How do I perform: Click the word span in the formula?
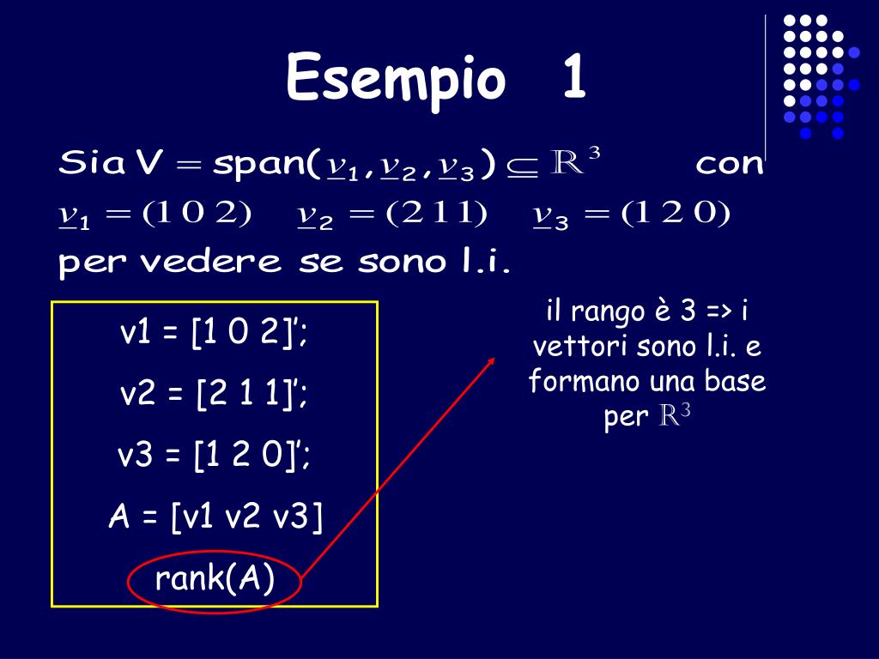click(x=258, y=163)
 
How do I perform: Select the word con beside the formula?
click(x=729, y=163)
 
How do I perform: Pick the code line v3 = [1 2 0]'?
click(x=214, y=456)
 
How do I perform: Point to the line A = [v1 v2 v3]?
click(x=215, y=517)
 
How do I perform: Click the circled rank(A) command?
click(x=215, y=580)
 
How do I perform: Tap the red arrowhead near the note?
click(x=492, y=361)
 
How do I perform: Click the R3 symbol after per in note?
click(x=675, y=417)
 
